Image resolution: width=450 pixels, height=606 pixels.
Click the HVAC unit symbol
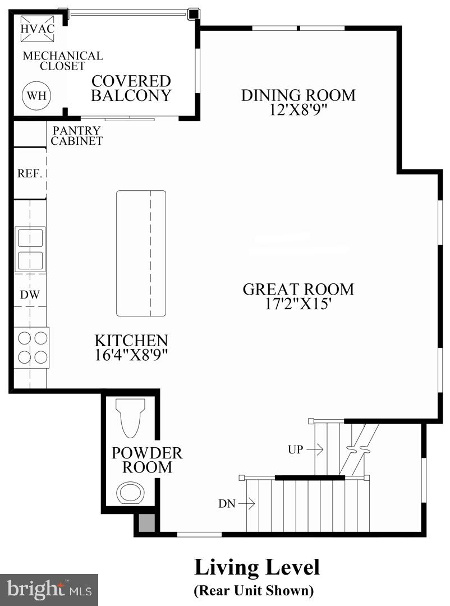pyautogui.click(x=33, y=29)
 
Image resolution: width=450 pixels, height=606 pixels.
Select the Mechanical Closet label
pyautogui.click(x=62, y=61)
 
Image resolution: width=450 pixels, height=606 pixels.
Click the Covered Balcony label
pyautogui.click(x=131, y=88)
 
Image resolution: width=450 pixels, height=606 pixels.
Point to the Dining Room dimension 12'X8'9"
pyautogui.click(x=298, y=109)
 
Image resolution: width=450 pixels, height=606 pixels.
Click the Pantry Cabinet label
pyautogui.click(x=77, y=136)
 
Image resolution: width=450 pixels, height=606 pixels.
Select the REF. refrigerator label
pyautogui.click(x=30, y=173)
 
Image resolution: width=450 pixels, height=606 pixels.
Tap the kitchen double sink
pyautogui.click(x=30, y=249)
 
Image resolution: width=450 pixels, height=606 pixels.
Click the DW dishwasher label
pyautogui.click(x=29, y=295)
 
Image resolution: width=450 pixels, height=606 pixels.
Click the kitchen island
pyautogui.click(x=141, y=253)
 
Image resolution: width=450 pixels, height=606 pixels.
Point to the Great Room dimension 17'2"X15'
pyautogui.click(x=298, y=304)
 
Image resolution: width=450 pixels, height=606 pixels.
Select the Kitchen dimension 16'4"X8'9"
pyautogui.click(x=131, y=355)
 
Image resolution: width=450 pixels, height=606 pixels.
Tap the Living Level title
pyautogui.click(x=257, y=567)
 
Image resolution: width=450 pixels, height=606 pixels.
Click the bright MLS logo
pyautogui.click(x=49, y=589)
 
